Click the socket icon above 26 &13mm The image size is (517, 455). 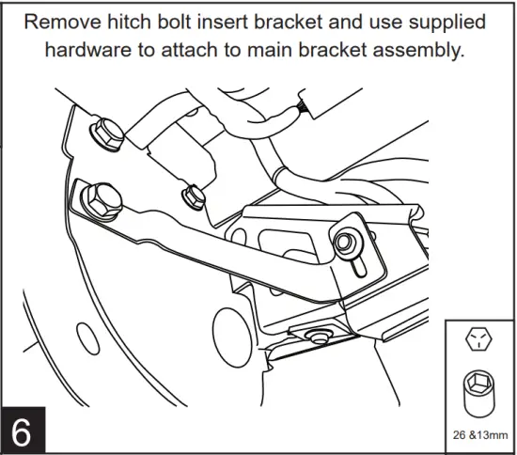(x=479, y=391)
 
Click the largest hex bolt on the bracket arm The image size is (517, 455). (x=99, y=198)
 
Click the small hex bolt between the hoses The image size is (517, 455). (x=193, y=196)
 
